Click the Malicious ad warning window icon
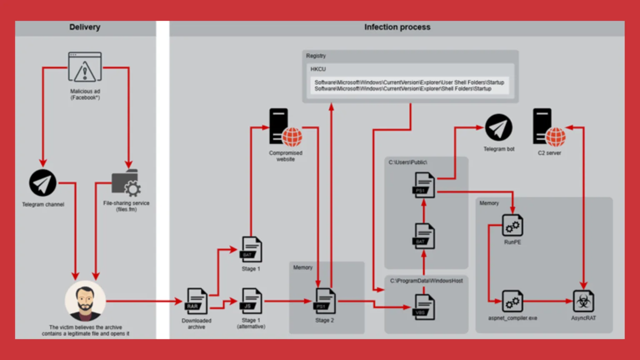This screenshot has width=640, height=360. tap(85, 67)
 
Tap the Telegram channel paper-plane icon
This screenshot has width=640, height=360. tap(42, 183)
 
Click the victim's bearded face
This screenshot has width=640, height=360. tap(85, 301)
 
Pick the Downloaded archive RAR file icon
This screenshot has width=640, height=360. tap(197, 301)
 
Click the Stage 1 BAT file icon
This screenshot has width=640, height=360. tap(251, 250)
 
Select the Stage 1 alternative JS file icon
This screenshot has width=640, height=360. tap(251, 301)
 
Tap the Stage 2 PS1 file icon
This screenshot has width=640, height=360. tap(325, 301)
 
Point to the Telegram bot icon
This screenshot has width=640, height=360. tap(498, 127)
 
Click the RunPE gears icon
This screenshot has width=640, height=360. tap(512, 226)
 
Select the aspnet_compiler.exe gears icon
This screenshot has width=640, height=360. tap(512, 301)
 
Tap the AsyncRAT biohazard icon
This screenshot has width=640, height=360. tap(583, 301)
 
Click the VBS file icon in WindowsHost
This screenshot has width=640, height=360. tap(424, 307)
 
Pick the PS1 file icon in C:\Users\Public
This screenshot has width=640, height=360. tap(424, 185)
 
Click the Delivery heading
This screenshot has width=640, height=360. tap(85, 27)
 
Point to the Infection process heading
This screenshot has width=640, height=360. tap(397, 27)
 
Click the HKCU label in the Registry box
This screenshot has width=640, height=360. tap(318, 69)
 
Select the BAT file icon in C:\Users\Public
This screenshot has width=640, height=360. tap(424, 236)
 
